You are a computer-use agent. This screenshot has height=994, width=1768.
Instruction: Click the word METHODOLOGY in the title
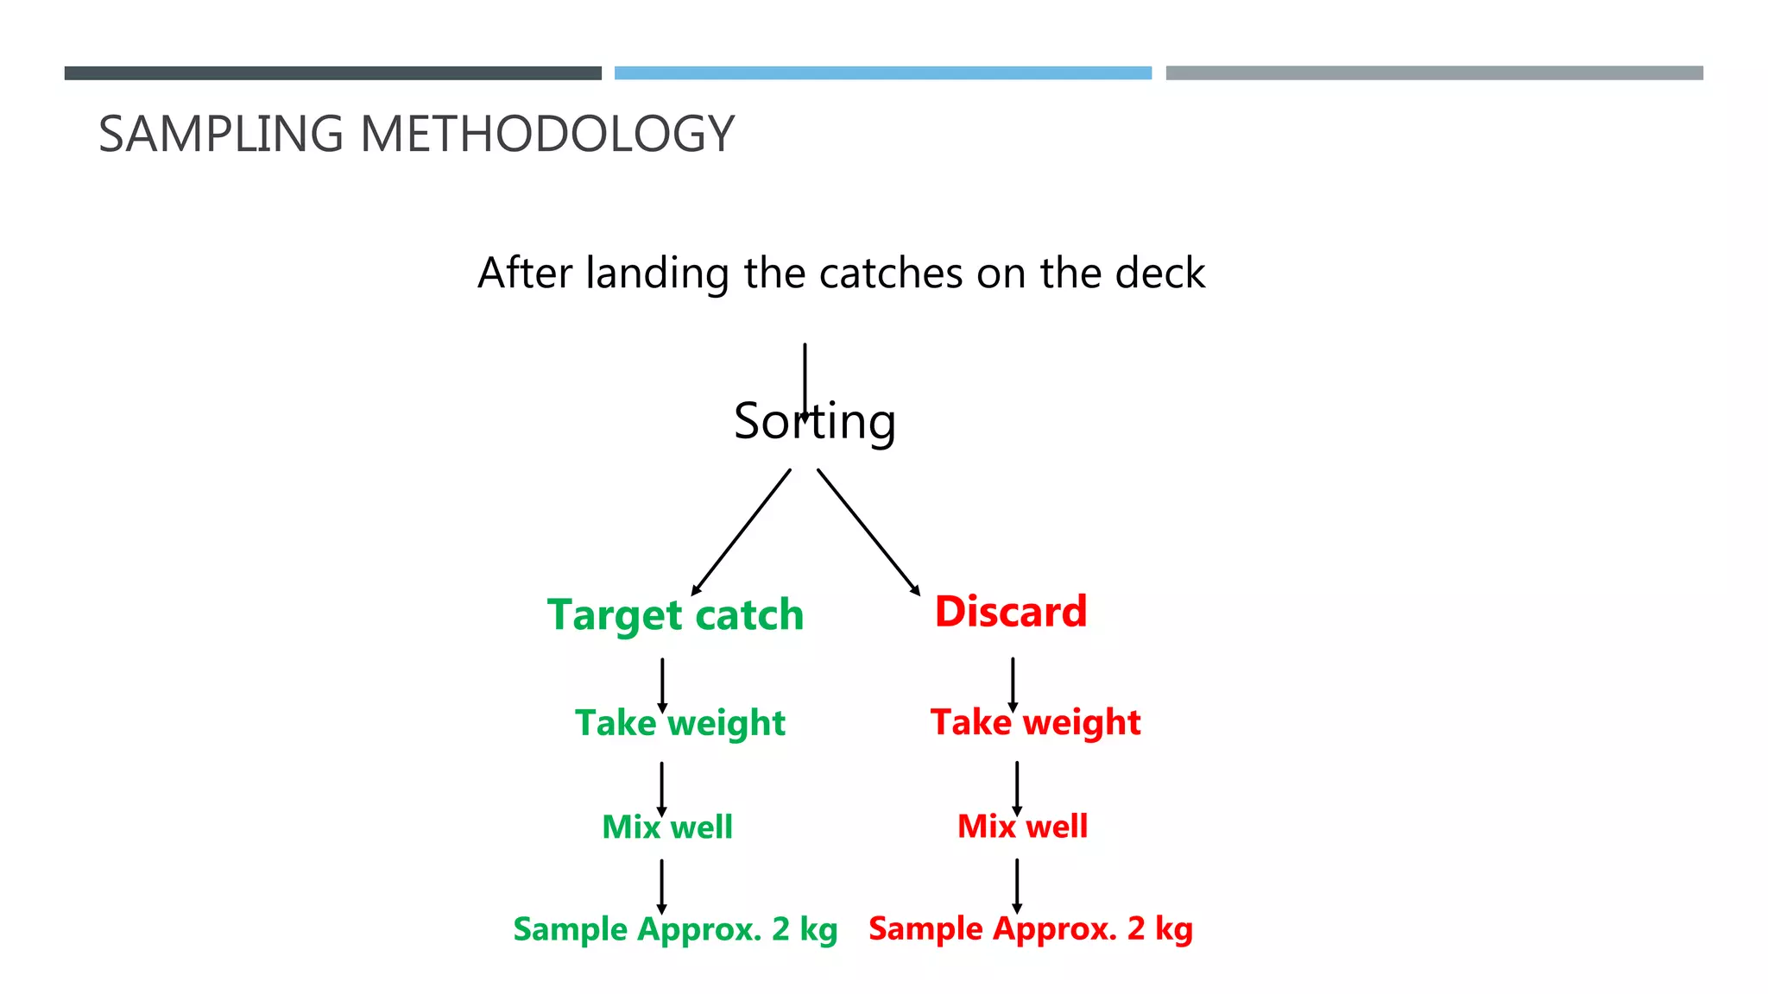pos(546,135)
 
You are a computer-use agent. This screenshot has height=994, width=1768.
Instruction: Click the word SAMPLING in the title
pos(221,135)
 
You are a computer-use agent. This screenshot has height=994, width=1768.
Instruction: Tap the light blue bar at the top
pos(882,73)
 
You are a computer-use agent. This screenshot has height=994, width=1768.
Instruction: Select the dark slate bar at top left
pos(332,73)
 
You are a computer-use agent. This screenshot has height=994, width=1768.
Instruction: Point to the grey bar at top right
pos(1434,73)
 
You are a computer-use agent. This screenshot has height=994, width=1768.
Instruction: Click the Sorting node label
pos(814,421)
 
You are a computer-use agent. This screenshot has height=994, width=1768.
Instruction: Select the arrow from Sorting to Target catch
pos(742,532)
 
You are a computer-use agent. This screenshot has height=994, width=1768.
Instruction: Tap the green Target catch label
pos(675,615)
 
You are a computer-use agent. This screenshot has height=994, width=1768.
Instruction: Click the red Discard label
pos(1010,612)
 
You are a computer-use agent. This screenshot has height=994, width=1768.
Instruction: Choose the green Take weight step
pos(680,723)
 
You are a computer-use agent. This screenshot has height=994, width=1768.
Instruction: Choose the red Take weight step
pos(1035,722)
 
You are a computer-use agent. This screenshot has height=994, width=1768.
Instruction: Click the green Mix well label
pos(666,827)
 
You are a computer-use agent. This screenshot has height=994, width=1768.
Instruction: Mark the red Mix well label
pos(1022,826)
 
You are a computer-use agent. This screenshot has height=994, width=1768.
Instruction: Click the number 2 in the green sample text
pos(780,929)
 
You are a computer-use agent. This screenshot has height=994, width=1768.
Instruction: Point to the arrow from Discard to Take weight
pos(1013,684)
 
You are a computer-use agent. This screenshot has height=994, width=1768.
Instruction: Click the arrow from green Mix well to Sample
pos(661,885)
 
